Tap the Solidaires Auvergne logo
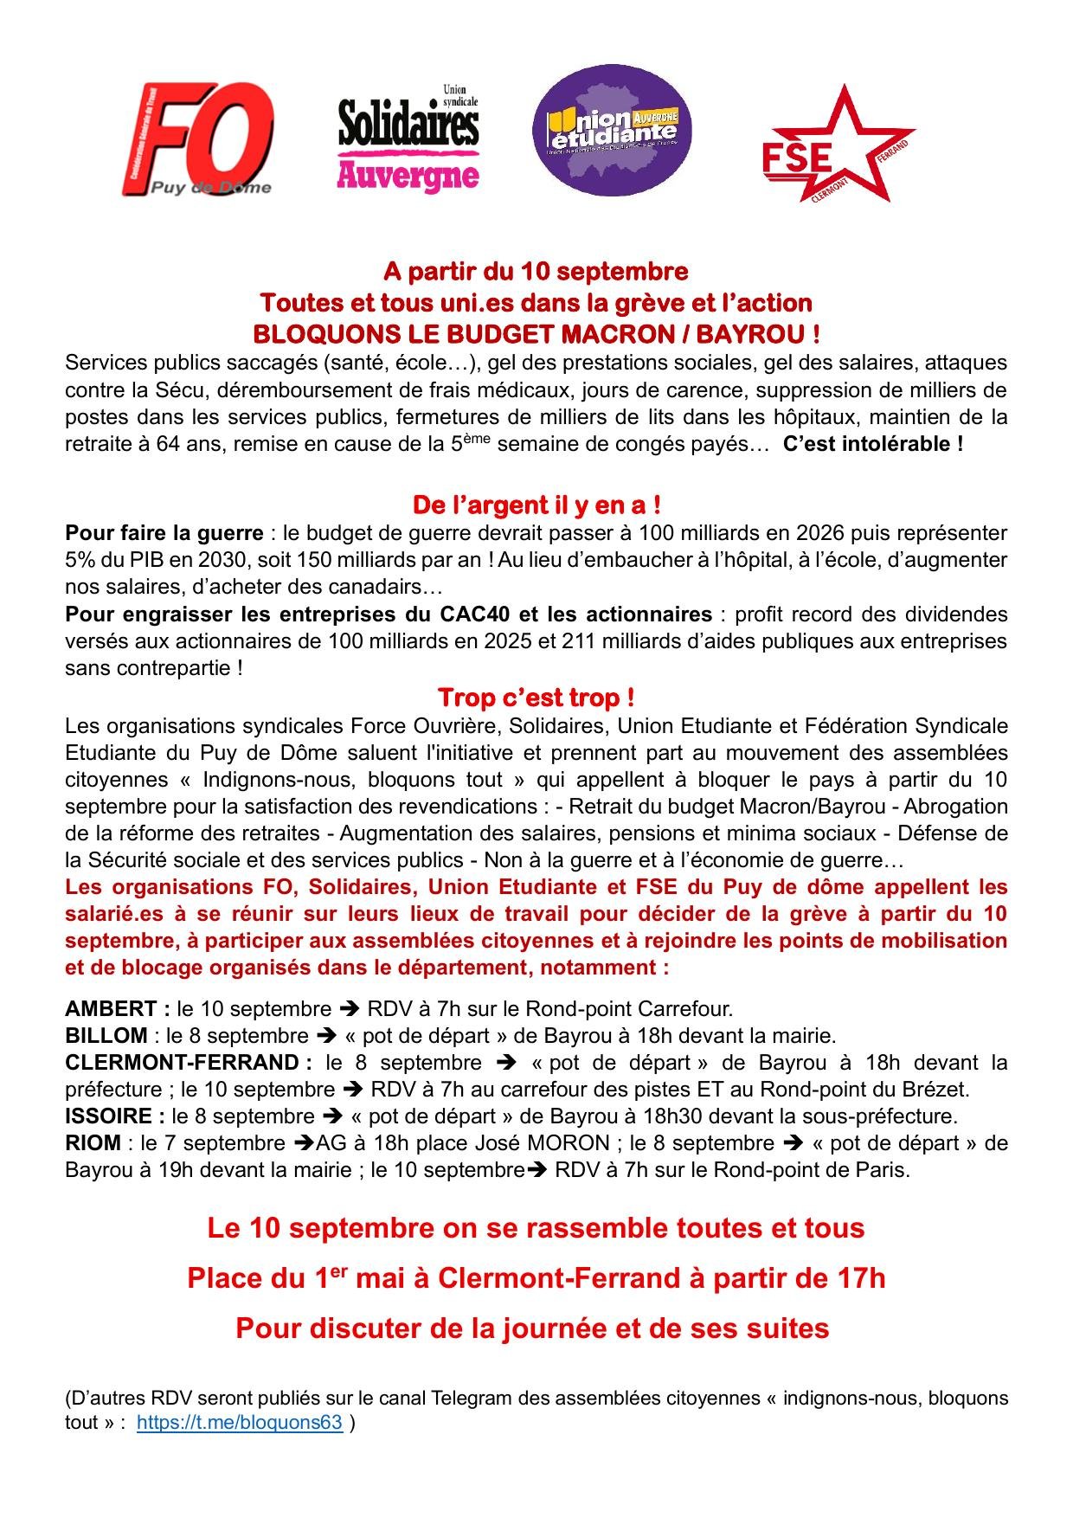408,138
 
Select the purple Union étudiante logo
612,131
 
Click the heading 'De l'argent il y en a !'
536,505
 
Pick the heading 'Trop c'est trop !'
536,698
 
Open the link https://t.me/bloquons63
240,1422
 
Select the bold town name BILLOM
106,1036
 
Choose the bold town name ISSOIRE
108,1116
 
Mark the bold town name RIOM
93,1143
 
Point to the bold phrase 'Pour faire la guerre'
164,532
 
